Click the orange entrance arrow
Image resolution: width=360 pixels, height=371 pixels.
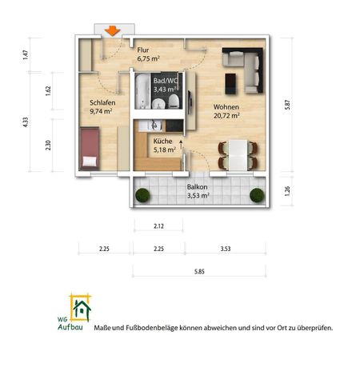[113, 30]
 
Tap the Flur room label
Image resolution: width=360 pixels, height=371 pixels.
[143, 50]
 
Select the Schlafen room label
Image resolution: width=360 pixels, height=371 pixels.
[102, 102]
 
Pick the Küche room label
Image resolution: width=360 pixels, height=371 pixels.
[162, 141]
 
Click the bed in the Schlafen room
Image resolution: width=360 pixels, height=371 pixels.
[90, 150]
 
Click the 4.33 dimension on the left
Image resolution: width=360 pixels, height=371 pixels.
[26, 122]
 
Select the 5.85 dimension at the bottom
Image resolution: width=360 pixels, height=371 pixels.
[198, 273]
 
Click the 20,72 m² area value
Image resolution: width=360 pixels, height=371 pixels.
[228, 115]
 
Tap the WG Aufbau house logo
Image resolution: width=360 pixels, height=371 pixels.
[80, 308]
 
